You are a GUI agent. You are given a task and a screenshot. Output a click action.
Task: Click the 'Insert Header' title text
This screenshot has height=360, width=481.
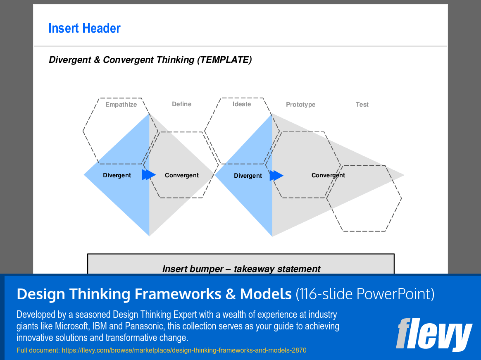(x=84, y=28)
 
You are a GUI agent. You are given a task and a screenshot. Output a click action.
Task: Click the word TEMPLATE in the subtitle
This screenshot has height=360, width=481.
(x=224, y=60)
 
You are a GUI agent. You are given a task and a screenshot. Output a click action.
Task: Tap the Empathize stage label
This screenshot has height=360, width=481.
(x=121, y=105)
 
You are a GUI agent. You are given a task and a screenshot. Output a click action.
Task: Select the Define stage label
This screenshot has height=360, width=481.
(x=182, y=104)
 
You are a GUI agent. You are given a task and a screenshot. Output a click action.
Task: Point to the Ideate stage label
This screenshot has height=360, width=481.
(x=242, y=104)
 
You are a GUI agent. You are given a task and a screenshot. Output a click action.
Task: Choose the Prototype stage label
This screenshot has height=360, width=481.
(x=300, y=105)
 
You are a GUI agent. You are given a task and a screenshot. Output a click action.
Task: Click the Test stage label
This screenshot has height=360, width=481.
(x=362, y=105)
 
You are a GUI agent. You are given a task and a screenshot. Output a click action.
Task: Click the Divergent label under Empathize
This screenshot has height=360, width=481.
(x=117, y=175)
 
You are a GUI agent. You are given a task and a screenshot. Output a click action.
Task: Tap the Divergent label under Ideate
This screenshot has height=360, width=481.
(x=248, y=176)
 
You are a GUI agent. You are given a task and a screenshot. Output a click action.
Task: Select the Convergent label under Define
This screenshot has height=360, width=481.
(x=182, y=175)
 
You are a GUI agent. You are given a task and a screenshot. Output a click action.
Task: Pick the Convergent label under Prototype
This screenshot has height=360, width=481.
(x=328, y=175)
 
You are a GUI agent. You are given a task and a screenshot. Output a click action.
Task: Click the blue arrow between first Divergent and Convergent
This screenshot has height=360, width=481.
(x=149, y=175)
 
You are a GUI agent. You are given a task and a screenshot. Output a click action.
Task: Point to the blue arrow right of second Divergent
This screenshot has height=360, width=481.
(x=276, y=176)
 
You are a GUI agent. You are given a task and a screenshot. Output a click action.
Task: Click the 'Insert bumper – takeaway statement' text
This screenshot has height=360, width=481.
(x=241, y=269)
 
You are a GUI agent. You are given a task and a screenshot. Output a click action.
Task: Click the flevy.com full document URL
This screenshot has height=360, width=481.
(x=184, y=350)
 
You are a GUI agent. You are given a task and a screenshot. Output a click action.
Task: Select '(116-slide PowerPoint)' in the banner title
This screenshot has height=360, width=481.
(x=365, y=294)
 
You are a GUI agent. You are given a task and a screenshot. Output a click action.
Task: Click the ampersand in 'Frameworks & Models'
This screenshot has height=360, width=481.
(x=230, y=294)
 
